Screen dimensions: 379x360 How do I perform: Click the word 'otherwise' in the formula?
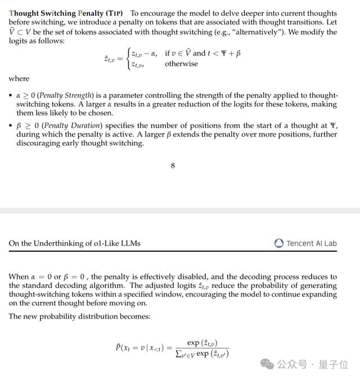(x=181, y=64)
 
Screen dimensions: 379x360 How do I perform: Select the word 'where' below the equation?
(x=19, y=79)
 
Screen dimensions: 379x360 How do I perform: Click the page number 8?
(x=173, y=165)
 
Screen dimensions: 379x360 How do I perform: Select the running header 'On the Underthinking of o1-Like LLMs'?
(x=75, y=243)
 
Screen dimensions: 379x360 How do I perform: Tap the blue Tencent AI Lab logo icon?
(x=279, y=243)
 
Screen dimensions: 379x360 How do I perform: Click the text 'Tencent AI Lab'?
(x=311, y=243)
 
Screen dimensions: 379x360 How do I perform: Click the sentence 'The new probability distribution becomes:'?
(x=80, y=316)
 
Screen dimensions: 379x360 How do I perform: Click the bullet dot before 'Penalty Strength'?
(x=11, y=96)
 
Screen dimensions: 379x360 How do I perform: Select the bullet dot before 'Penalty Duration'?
(x=11, y=125)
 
